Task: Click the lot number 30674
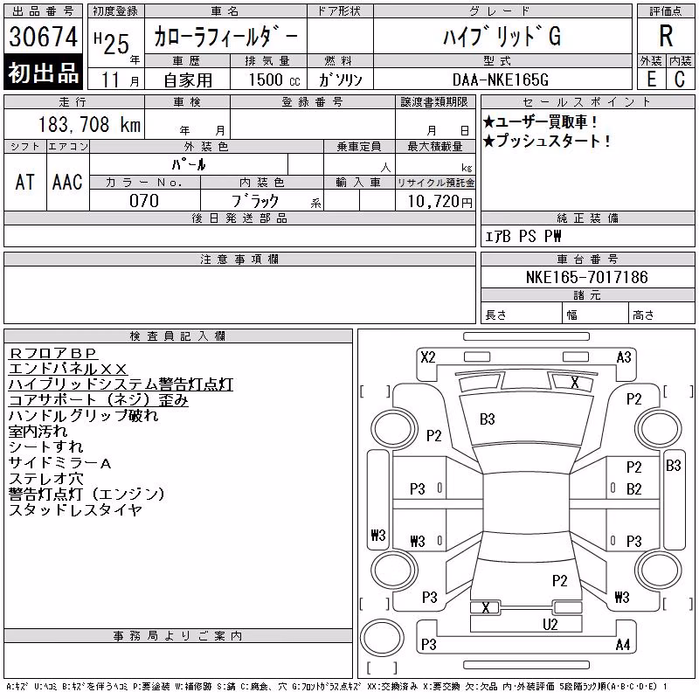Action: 43,36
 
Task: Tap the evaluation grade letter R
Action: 666,36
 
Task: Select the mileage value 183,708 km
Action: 90,124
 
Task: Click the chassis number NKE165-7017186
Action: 586,277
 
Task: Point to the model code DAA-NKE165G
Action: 500,80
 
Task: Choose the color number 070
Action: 144,201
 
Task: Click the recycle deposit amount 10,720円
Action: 440,202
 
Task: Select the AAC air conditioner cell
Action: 67,182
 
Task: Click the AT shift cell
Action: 25,182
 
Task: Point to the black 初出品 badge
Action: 43,73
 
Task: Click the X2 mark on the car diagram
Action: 428,357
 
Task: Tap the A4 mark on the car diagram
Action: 623,645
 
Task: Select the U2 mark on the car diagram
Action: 550,624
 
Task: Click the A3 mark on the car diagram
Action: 624,357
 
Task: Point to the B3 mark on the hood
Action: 488,419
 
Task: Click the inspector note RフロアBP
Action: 52,354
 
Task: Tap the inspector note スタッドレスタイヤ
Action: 75,509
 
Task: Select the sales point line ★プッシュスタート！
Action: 547,142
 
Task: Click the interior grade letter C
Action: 680,80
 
